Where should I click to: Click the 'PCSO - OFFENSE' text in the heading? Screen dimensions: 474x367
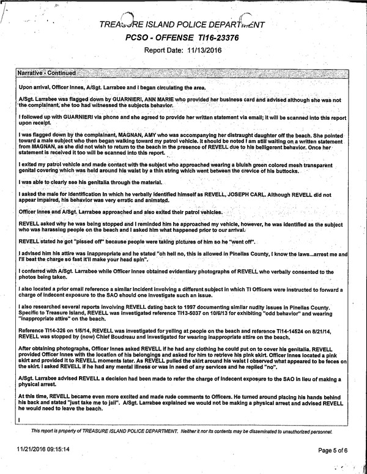(x=161, y=38)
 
